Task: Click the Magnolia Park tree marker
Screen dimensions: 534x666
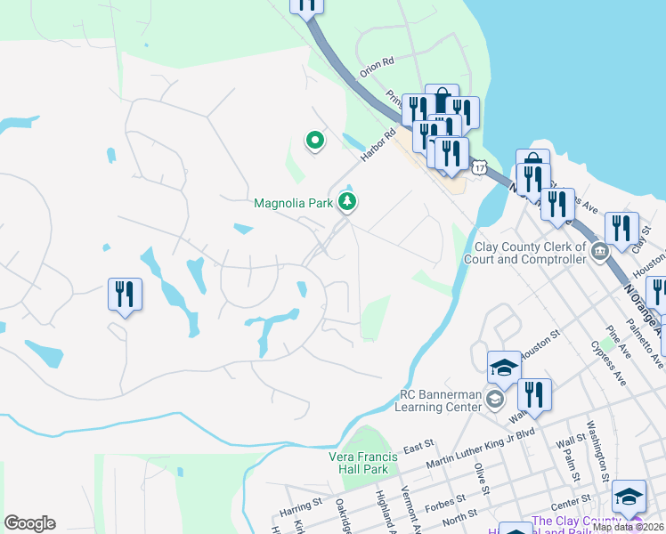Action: tap(347, 204)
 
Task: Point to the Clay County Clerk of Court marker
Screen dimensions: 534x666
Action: tap(600, 253)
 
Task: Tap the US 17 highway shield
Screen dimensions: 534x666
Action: tap(481, 166)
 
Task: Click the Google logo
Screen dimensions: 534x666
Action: tap(29, 522)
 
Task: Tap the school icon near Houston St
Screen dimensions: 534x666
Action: tap(503, 367)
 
